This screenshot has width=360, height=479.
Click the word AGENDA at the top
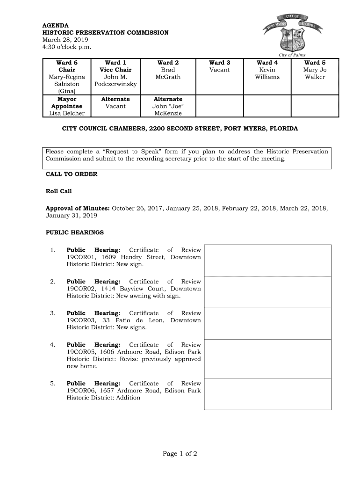pos(56,25)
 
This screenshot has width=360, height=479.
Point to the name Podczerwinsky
pos(115,84)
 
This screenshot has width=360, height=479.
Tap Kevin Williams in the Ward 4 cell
pos(267,73)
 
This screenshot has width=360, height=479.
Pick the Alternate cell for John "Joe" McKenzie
pos(168,106)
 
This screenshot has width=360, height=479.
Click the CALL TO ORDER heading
pos(71,174)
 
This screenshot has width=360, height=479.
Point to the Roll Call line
pos(58,191)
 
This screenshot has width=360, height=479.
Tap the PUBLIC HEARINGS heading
pos(74,232)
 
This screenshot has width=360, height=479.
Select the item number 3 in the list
pos(53,313)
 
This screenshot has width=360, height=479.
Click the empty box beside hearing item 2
pos(267,292)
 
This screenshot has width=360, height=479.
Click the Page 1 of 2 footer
pos(180,454)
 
